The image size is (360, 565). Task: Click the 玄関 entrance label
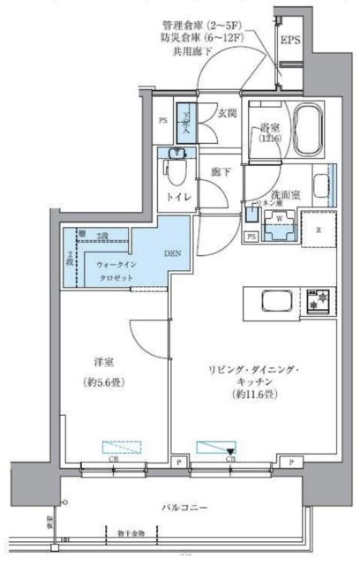click(229, 113)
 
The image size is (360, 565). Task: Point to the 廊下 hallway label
click(220, 174)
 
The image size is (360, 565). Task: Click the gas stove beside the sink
click(316, 301)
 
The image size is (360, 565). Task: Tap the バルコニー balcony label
click(184, 508)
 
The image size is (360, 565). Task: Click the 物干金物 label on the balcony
click(132, 531)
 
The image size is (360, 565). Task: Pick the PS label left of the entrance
click(162, 121)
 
